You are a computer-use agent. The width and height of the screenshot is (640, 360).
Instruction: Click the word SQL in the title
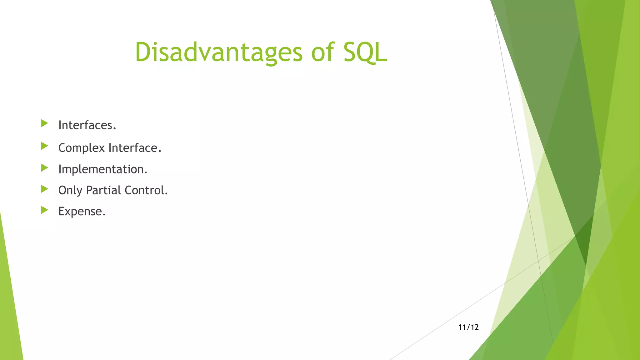click(x=365, y=52)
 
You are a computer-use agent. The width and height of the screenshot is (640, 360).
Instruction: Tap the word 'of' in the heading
click(x=322, y=52)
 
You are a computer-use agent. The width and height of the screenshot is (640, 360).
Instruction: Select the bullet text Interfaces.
click(x=87, y=125)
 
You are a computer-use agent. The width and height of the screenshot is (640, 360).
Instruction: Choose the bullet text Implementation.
click(x=102, y=169)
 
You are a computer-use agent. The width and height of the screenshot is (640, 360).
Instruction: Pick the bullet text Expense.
click(x=82, y=212)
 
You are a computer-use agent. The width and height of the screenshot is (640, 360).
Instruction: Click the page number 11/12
click(x=468, y=327)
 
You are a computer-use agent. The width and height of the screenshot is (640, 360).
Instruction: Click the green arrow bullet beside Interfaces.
click(x=44, y=123)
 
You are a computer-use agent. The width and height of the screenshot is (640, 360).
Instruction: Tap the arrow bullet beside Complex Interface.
click(x=44, y=146)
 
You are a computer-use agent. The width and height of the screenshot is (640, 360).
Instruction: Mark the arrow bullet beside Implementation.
click(x=44, y=168)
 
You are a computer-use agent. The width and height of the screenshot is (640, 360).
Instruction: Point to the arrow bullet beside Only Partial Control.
click(x=44, y=189)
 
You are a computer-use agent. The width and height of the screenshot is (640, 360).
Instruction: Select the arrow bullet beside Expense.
click(x=44, y=210)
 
